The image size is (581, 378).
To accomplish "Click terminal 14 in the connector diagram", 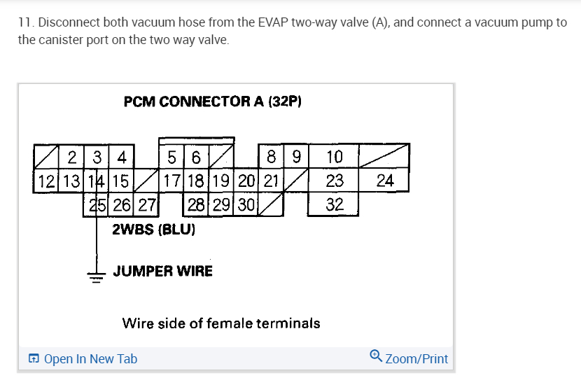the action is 98,181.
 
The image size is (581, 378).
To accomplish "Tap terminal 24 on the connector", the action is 385,181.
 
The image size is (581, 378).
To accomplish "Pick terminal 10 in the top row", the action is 335,156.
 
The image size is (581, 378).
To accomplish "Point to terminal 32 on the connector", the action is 335,205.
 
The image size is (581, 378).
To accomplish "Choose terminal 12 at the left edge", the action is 48,181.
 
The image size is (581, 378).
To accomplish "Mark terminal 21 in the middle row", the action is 271,181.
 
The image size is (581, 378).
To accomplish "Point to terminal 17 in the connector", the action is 172,181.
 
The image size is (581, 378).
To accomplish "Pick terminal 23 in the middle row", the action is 335,181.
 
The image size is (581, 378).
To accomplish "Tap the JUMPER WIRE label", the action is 162,271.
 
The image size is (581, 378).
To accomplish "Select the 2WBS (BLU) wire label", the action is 153,229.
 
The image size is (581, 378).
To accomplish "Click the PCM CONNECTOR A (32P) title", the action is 212,101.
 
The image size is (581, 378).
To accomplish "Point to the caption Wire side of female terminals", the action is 221,323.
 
